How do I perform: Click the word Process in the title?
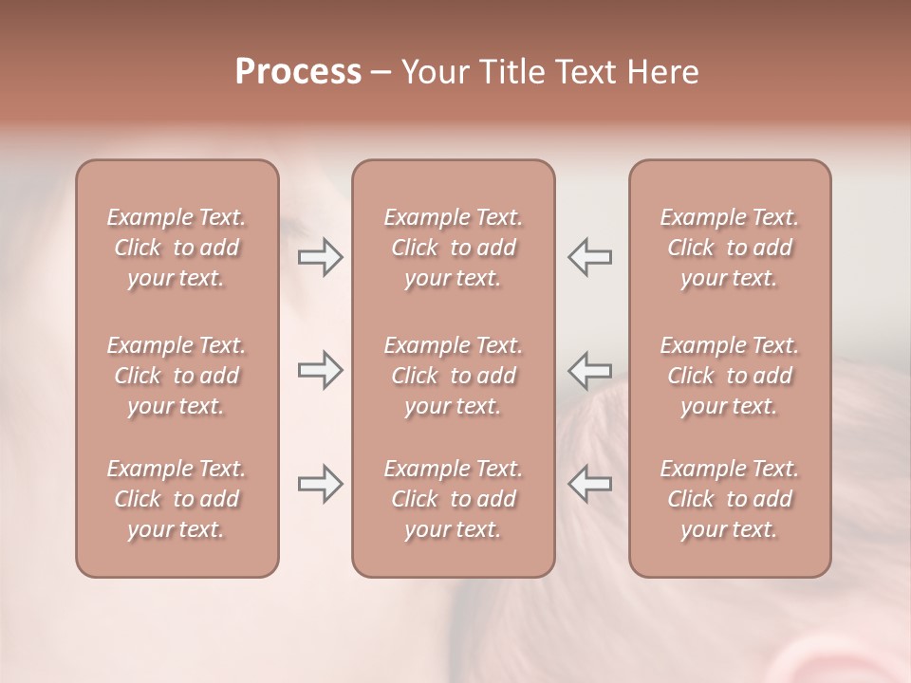point(298,72)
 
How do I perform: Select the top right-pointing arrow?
point(320,257)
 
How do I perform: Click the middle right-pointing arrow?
point(320,370)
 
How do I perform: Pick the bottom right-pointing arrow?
point(320,484)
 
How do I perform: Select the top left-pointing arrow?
point(589,257)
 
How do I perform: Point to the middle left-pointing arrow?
point(589,370)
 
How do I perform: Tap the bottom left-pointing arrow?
point(589,484)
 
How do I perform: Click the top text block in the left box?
point(177,248)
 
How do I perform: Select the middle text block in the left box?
point(177,376)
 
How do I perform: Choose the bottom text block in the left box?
point(177,499)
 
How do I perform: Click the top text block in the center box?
point(453,248)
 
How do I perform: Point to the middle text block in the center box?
point(453,376)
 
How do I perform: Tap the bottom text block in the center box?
point(453,499)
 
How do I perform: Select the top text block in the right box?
point(729,248)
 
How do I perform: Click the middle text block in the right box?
point(729,376)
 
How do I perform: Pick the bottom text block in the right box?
point(729,499)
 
